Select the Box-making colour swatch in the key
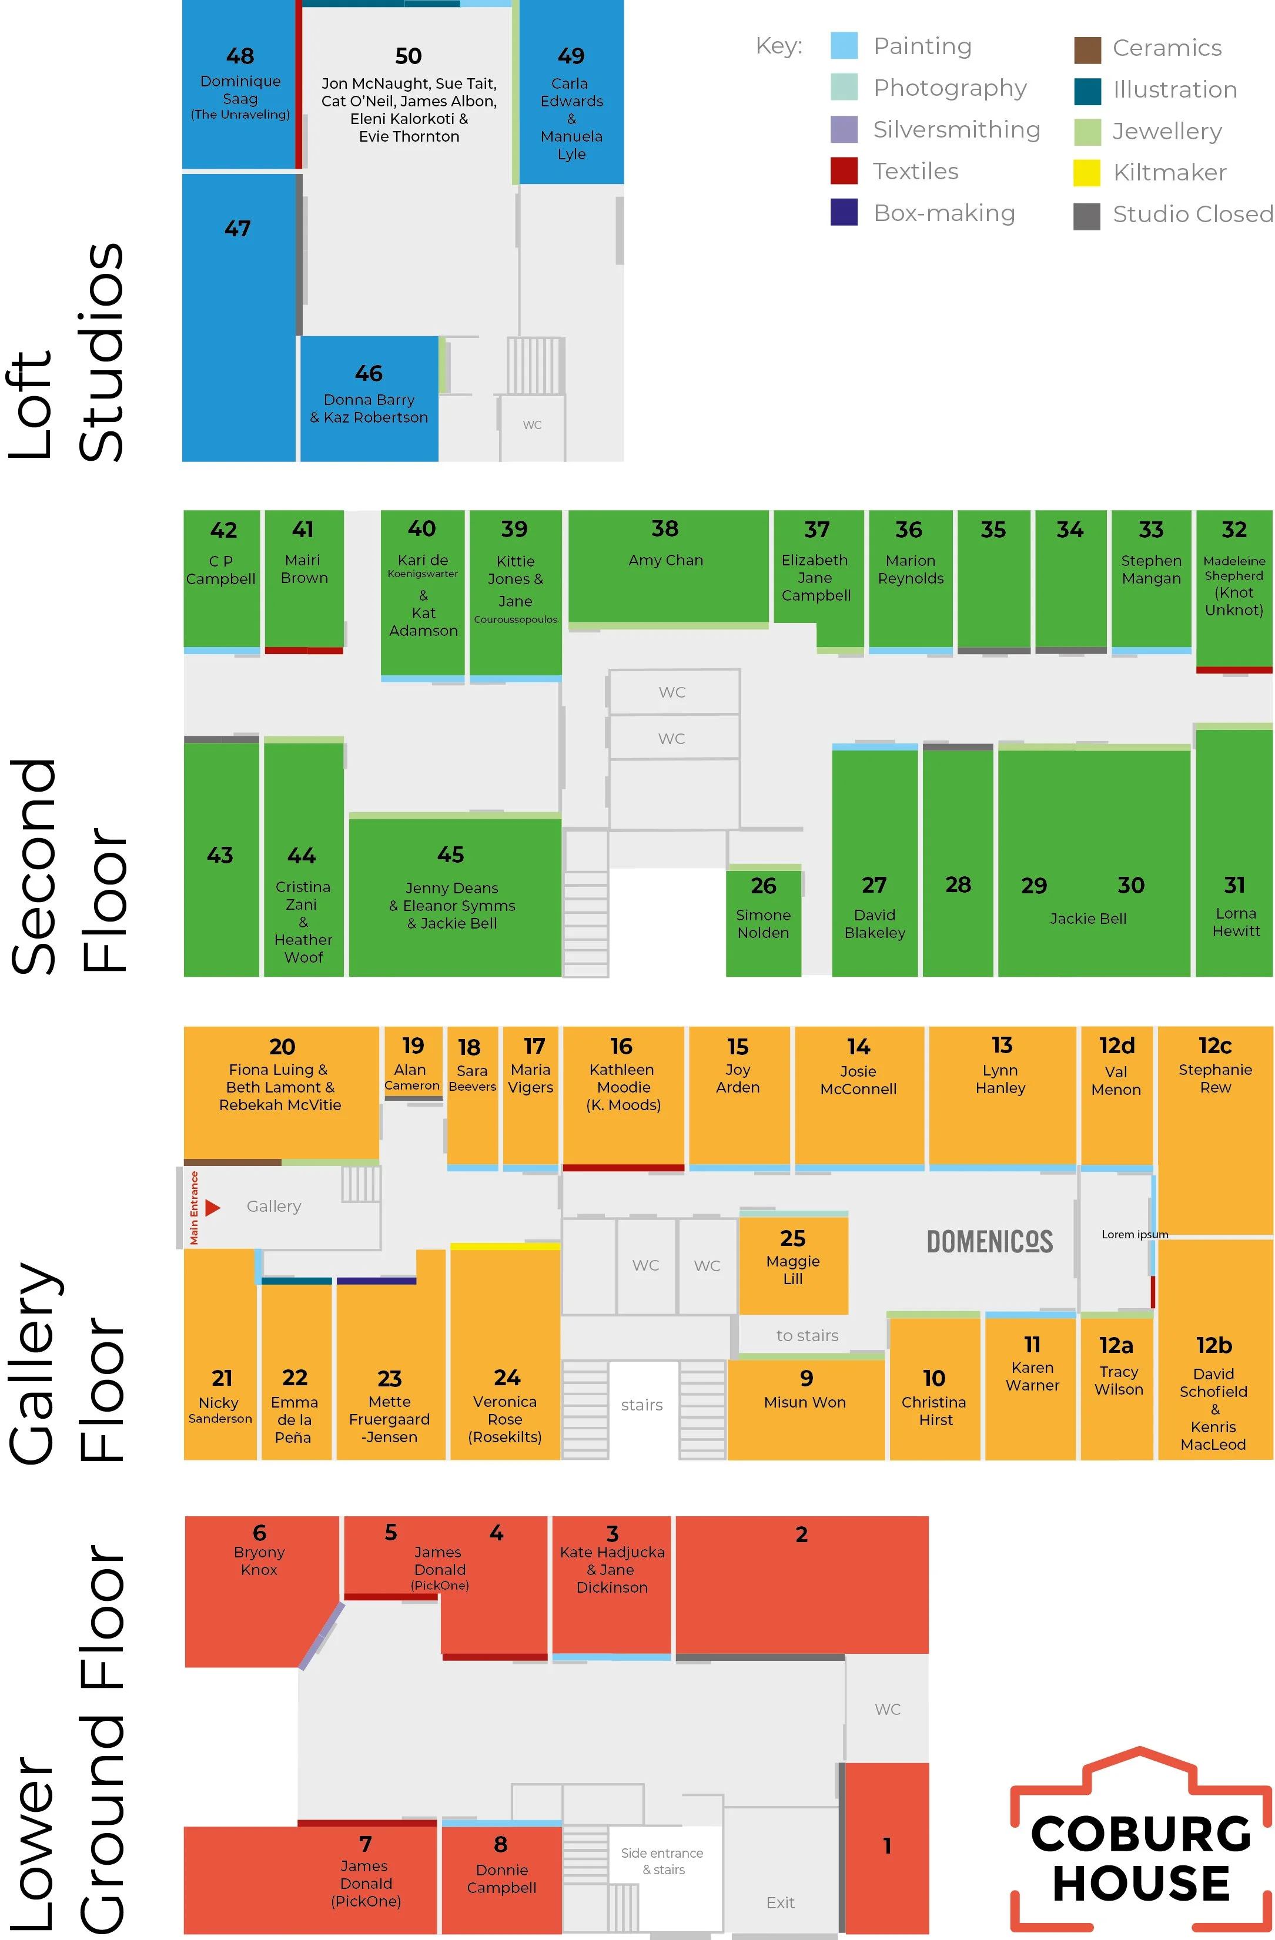844,213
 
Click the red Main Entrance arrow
213,1207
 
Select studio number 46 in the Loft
369,373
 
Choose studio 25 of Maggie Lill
792,1256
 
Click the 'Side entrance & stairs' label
662,1861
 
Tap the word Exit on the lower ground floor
780,1902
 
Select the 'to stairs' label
807,1335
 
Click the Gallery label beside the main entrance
274,1207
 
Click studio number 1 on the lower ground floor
887,1845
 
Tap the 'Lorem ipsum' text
1135,1234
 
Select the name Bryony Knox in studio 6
259,1561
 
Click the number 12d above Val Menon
1116,1046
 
